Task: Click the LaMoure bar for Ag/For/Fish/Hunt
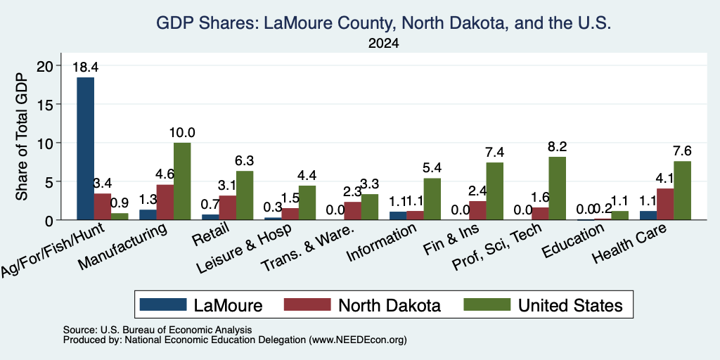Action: tap(85, 148)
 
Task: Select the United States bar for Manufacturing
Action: tap(182, 181)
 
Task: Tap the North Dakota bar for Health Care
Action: tap(665, 205)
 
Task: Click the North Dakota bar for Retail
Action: tap(227, 208)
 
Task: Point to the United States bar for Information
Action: tap(432, 199)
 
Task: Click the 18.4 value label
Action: tap(85, 67)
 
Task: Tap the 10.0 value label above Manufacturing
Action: tap(182, 133)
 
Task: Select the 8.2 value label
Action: tap(557, 146)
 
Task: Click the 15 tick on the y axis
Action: tap(47, 104)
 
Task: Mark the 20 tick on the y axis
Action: tap(47, 65)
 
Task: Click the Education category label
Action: tap(572, 240)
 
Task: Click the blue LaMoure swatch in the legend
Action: tap(163, 304)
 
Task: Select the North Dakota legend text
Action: tap(390, 305)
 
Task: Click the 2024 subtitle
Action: tap(383, 44)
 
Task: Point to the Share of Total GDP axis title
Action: tap(22, 136)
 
